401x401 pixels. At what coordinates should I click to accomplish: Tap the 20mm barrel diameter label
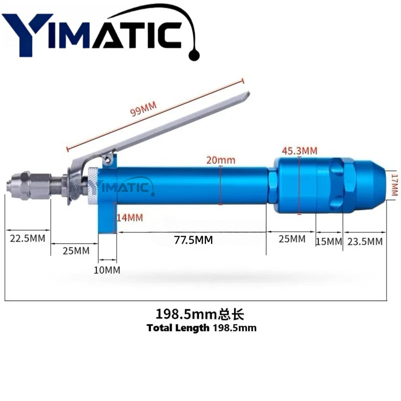click(x=221, y=160)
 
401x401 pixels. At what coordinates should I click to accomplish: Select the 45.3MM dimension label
click(x=300, y=150)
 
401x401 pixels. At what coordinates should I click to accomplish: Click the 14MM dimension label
click(x=129, y=218)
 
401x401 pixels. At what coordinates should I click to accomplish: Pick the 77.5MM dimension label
click(x=193, y=240)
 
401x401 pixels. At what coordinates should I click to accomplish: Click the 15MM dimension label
click(x=329, y=242)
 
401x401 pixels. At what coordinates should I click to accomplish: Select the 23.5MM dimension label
click(x=365, y=242)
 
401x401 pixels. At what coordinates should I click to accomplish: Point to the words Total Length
click(x=178, y=328)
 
